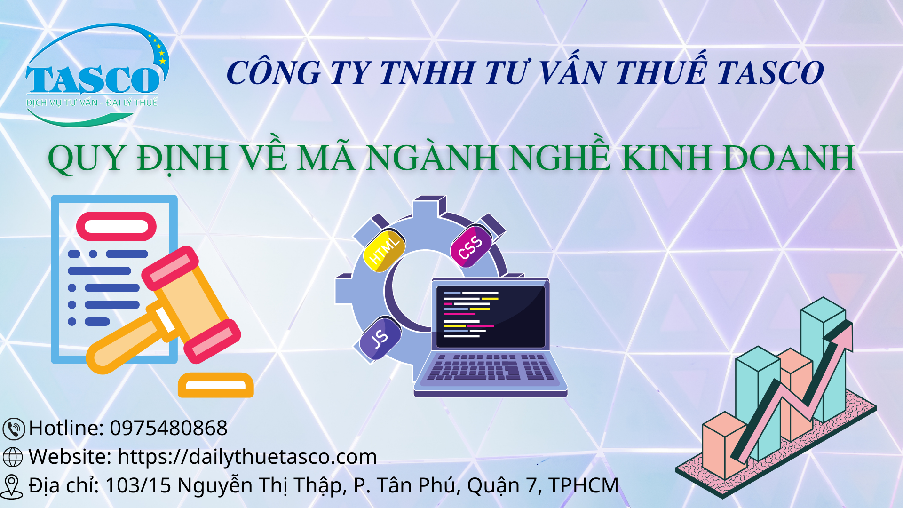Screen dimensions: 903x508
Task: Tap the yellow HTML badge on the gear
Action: [x=384, y=251]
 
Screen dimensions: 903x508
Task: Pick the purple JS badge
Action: [x=380, y=338]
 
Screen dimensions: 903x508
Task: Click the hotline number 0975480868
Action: [x=168, y=428]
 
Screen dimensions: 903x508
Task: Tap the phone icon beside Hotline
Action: [x=14, y=429]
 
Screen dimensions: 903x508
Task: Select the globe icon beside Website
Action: [x=13, y=457]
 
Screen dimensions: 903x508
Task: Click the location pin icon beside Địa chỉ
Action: [x=12, y=486]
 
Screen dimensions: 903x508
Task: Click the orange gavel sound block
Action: [x=216, y=385]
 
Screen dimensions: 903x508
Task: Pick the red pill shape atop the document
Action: [x=116, y=226]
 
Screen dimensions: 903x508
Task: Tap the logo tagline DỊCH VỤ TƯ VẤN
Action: [x=62, y=103]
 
